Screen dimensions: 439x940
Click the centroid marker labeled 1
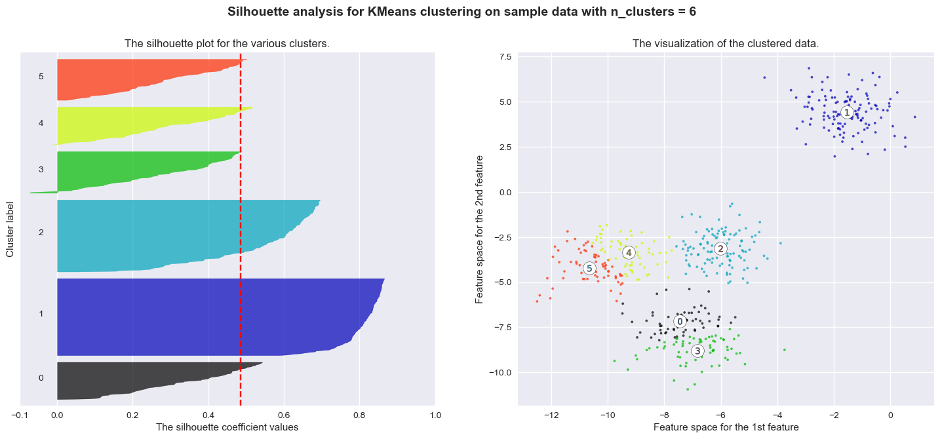point(846,113)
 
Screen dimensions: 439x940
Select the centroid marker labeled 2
point(720,248)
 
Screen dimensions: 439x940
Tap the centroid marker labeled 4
point(628,252)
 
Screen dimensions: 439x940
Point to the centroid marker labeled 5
point(589,268)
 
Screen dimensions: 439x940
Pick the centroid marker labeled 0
point(680,321)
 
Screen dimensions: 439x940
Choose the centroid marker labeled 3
point(697,351)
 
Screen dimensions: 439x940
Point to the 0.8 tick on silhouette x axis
point(359,414)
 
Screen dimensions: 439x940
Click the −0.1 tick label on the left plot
point(20,414)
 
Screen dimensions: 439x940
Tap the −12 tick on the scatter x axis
point(551,414)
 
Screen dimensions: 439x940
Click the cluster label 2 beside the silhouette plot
point(41,233)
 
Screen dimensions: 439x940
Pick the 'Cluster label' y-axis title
point(10,225)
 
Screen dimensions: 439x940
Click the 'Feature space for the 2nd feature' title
point(480,229)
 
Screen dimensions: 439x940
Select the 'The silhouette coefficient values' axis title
point(227,427)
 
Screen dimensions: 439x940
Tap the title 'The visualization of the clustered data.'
point(725,44)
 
